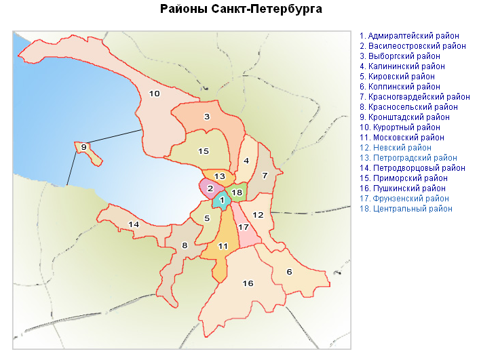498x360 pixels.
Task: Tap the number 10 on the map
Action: click(154, 94)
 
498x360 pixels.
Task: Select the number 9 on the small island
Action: click(83, 146)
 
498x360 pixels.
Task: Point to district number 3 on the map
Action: click(206, 117)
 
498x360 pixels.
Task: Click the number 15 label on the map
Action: click(203, 151)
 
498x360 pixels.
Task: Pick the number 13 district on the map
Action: click(219, 176)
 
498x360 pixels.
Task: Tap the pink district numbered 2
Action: click(210, 188)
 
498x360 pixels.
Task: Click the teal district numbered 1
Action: click(221, 200)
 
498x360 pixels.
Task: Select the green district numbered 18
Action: click(237, 193)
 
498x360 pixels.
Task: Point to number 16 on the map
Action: click(248, 283)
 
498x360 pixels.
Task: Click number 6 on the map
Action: click(289, 272)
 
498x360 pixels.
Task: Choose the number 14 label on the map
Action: click(134, 224)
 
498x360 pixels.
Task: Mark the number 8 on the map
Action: click(185, 245)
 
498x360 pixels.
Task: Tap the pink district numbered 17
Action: click(244, 227)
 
